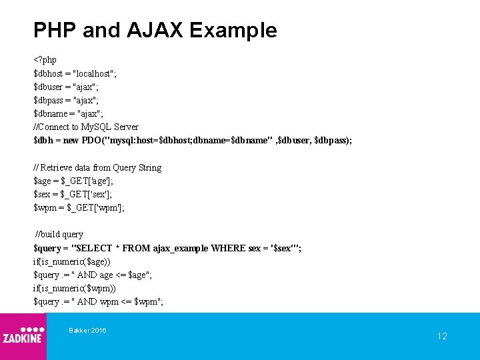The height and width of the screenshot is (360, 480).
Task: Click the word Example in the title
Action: [233, 30]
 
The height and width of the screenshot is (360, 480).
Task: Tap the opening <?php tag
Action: [45, 60]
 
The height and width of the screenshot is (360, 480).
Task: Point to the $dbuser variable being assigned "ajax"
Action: [49, 87]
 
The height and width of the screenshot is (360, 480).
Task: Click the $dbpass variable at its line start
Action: [49, 100]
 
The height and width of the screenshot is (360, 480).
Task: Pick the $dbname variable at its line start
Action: [50, 113]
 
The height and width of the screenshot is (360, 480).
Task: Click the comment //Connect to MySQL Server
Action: [86, 127]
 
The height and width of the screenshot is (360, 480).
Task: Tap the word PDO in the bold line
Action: [92, 141]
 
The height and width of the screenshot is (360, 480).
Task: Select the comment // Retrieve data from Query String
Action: [97, 167]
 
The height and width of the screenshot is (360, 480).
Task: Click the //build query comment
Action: [59, 234]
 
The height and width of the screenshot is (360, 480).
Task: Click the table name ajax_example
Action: [180, 248]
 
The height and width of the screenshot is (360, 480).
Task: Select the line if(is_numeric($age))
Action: [72, 261]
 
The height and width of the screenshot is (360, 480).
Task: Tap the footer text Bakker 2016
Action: [87, 331]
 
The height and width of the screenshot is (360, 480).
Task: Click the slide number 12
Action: [442, 336]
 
